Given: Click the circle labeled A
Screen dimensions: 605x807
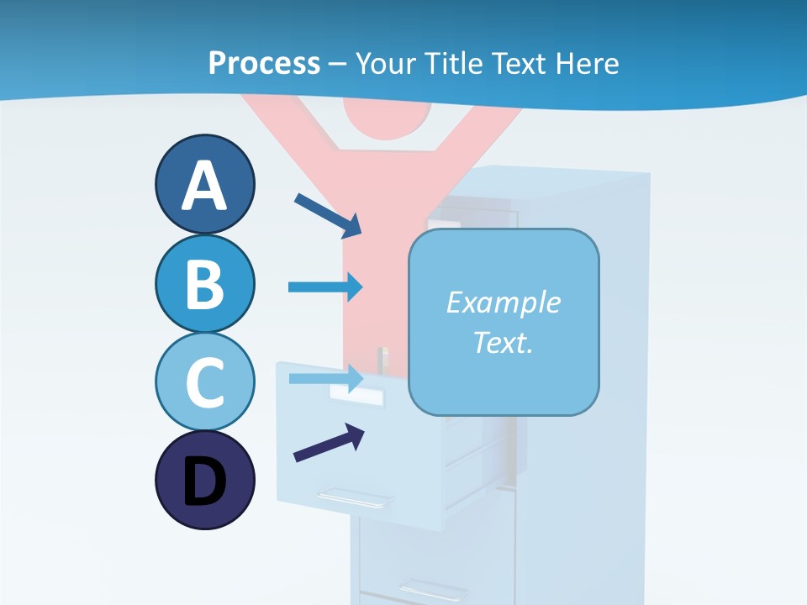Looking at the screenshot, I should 204,184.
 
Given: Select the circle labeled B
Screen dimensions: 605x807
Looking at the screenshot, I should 204,283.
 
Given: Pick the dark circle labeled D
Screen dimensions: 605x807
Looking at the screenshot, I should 204,480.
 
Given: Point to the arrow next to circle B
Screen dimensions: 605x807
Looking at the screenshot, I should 325,287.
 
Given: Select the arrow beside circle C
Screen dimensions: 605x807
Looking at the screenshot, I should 325,378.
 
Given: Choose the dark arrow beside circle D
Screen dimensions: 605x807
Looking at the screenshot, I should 329,443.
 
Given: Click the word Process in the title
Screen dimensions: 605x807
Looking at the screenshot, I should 264,63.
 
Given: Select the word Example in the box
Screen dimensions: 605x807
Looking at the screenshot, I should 503,302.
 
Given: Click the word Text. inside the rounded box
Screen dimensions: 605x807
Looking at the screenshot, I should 503,342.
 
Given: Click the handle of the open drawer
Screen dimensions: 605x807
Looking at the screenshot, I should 354,497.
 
